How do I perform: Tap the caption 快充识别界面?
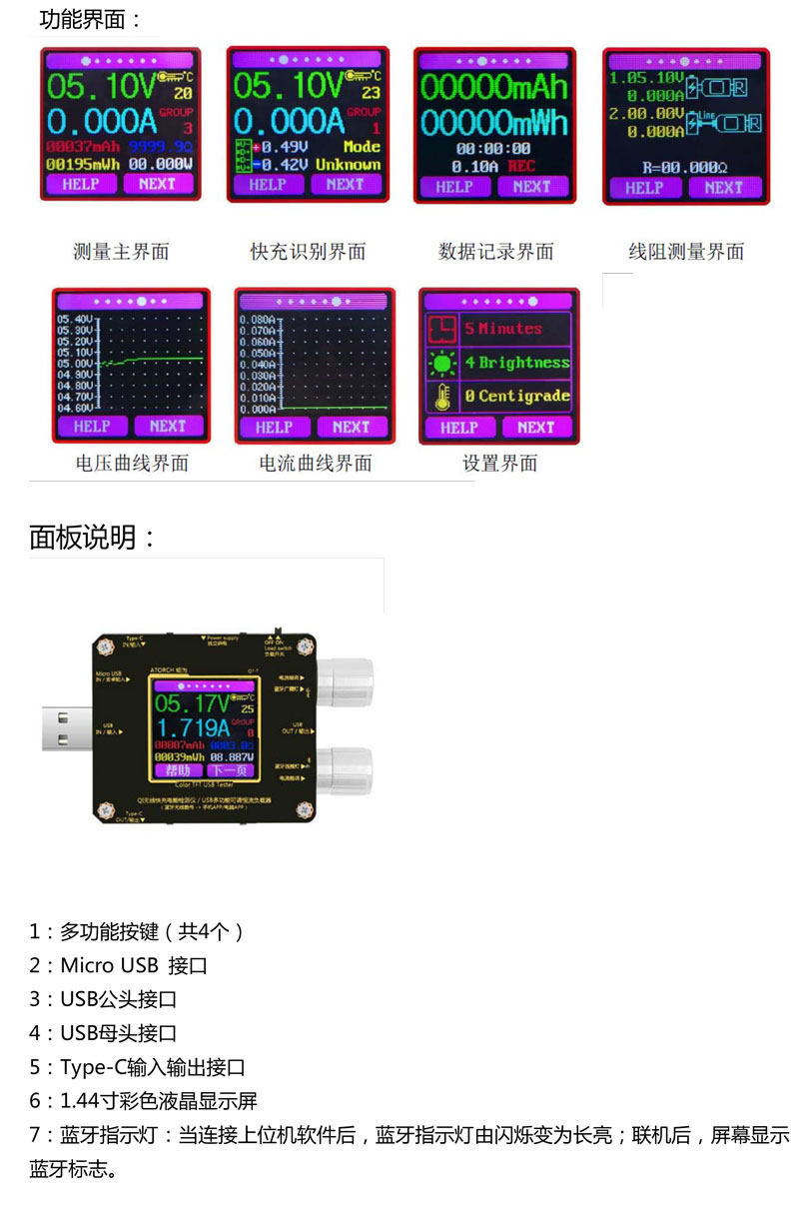(x=308, y=252)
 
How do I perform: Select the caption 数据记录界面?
(x=495, y=252)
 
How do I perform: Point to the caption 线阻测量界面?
(x=686, y=252)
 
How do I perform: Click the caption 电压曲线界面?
(x=132, y=464)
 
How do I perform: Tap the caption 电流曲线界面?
(x=316, y=464)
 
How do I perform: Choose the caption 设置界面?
(x=500, y=464)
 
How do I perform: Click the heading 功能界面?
(x=90, y=20)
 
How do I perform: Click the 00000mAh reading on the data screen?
(x=493, y=87)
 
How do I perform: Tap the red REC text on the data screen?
(x=521, y=166)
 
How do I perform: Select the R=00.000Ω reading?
(x=685, y=167)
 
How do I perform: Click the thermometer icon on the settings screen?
(x=440, y=397)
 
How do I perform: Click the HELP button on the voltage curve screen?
(x=92, y=427)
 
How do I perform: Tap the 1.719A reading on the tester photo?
(x=194, y=726)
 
